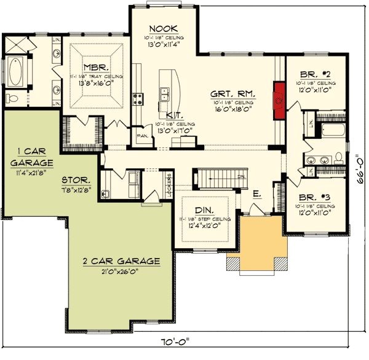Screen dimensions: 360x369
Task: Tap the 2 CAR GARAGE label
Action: pos(121,261)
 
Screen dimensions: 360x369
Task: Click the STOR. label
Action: pos(76,181)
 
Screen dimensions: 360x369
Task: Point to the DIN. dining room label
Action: pos(202,209)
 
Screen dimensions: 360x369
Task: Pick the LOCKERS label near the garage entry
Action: pos(169,182)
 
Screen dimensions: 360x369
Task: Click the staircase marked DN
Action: pos(215,179)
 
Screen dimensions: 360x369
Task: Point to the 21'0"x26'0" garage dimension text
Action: pos(121,271)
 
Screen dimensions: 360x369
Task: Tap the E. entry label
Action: pos(256,194)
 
